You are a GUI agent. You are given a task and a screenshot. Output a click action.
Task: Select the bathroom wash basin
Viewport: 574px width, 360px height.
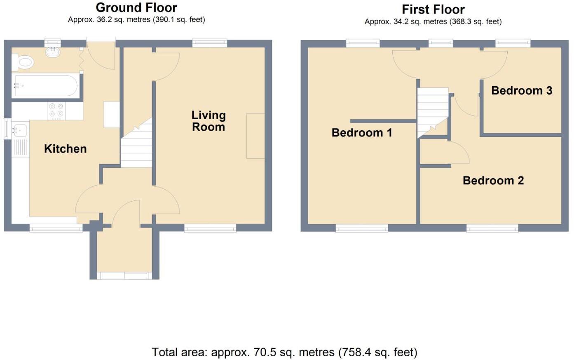click(53, 52)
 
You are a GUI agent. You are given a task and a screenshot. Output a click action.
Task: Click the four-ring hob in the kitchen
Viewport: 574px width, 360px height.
click(56, 110)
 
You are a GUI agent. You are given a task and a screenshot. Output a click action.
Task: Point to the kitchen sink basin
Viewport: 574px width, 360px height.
click(19, 130)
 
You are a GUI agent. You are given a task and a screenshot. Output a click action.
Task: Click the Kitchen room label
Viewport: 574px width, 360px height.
click(65, 149)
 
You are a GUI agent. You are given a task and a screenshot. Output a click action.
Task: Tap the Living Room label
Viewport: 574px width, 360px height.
click(209, 121)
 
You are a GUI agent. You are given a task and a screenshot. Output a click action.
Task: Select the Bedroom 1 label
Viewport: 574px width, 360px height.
click(362, 133)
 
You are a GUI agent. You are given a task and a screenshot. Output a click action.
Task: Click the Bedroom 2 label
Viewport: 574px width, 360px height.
click(493, 181)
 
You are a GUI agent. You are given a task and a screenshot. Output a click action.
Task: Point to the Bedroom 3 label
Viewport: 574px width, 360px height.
click(521, 91)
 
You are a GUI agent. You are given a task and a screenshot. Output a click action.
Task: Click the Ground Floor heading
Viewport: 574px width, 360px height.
click(136, 7)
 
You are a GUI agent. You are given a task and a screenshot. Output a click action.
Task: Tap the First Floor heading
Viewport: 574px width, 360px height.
click(433, 9)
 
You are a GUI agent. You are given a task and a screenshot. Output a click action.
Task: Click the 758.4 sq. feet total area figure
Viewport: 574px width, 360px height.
click(377, 352)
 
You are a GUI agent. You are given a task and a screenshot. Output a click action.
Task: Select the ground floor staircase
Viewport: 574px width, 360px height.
click(137, 146)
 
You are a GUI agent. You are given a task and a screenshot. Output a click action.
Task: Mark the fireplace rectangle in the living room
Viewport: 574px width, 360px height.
click(255, 136)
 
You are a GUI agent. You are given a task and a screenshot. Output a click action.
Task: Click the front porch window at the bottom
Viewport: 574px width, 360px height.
click(124, 275)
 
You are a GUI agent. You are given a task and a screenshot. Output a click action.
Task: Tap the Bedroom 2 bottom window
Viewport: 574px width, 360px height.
click(492, 228)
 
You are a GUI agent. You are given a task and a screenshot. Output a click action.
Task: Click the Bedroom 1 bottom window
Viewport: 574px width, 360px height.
click(362, 228)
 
